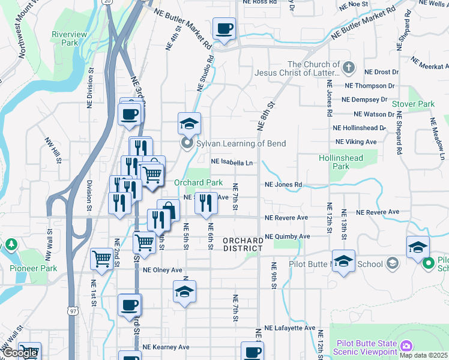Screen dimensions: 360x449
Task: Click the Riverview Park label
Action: pyautogui.click(x=70, y=38)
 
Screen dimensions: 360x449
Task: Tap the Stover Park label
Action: pyautogui.click(x=413, y=104)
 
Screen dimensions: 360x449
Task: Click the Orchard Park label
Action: pyautogui.click(x=198, y=182)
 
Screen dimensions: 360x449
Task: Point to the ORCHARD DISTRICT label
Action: pyautogui.click(x=243, y=245)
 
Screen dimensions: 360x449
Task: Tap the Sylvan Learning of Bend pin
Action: pyautogui.click(x=187, y=143)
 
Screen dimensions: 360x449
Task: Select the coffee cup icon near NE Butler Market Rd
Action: pyautogui.click(x=224, y=29)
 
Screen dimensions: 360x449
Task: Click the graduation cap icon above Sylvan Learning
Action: pyautogui.click(x=189, y=124)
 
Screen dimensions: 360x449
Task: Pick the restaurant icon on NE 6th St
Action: pyautogui.click(x=206, y=203)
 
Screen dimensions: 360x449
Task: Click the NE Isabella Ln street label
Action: pyautogui.click(x=232, y=162)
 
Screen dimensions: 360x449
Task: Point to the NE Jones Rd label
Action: pyautogui.click(x=283, y=185)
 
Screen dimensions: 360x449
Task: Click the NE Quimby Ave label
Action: pyautogui.click(x=287, y=236)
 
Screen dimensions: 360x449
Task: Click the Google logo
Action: pyautogui.click(x=20, y=353)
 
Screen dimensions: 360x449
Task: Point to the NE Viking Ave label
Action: pyautogui.click(x=356, y=142)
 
